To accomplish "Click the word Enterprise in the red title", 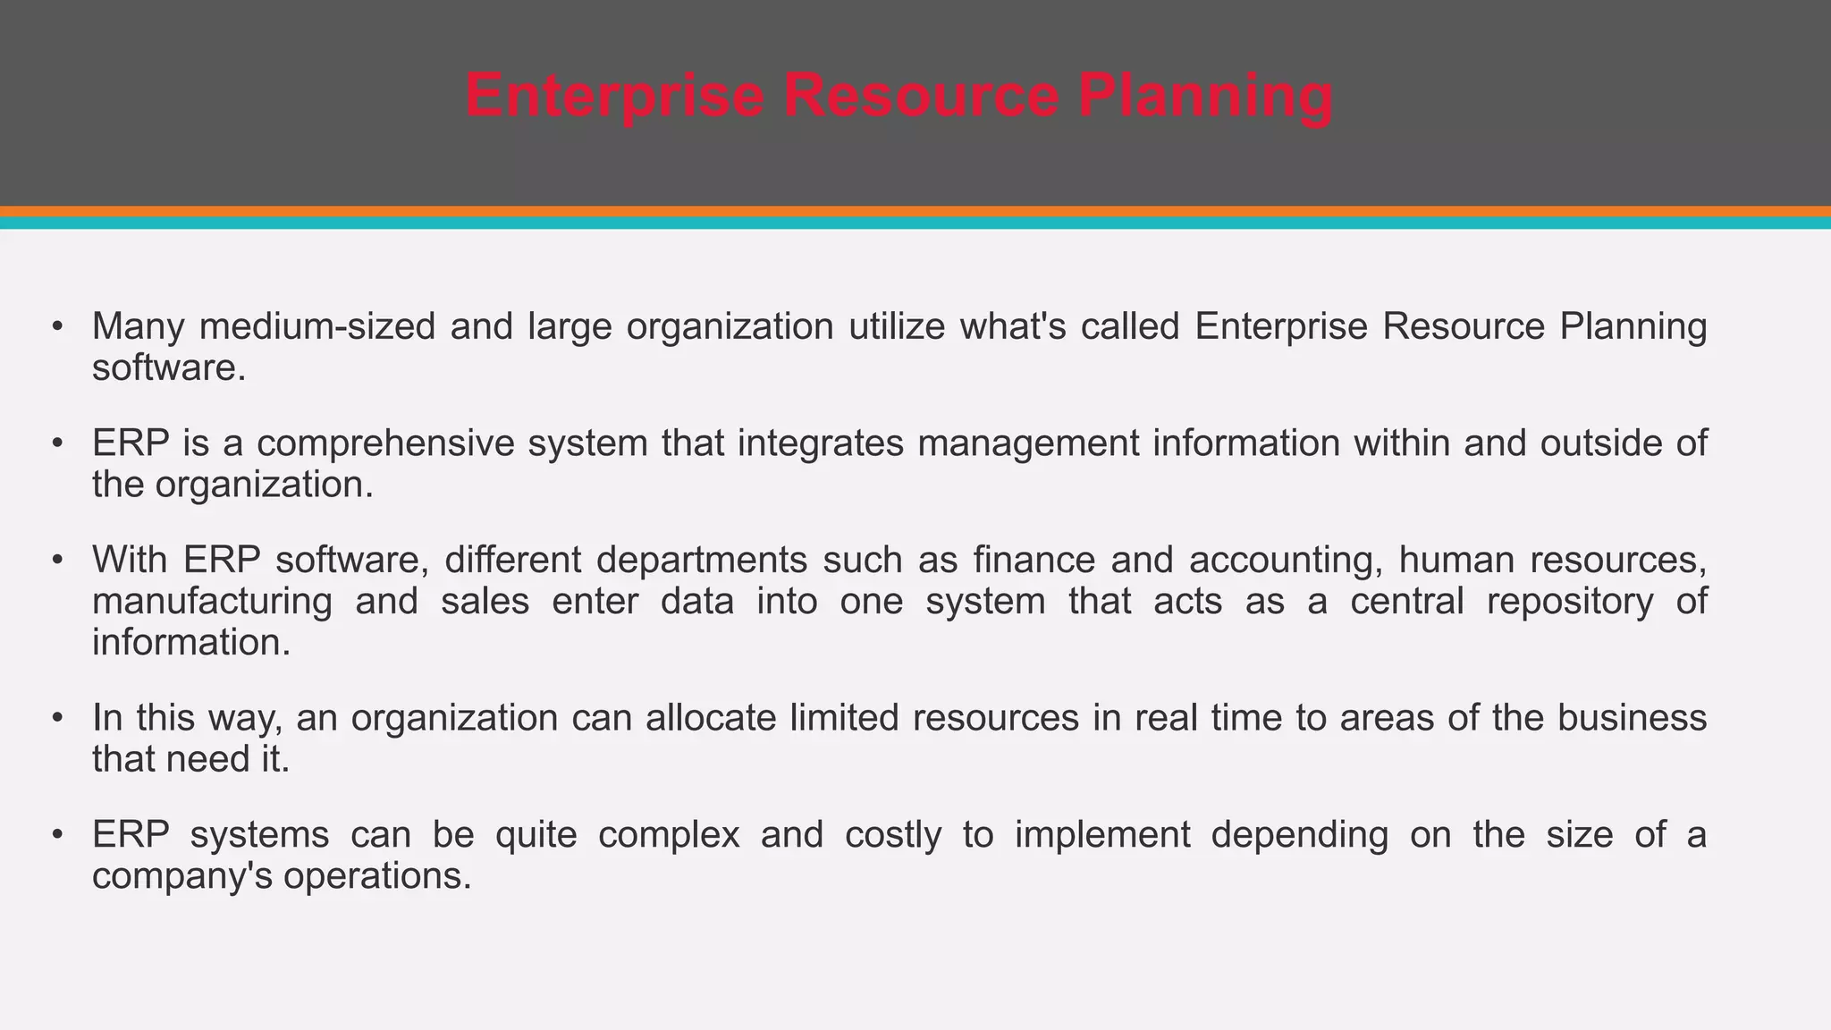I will point(614,96).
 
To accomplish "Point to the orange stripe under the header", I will point(915,212).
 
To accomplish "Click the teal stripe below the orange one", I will point(915,224).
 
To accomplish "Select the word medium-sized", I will point(317,327).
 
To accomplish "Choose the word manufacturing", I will point(212,602).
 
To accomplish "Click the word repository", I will point(1570,602).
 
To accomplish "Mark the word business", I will point(1632,718).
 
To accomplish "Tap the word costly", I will point(893,835).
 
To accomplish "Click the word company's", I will point(181,876).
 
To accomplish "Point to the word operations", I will point(377,876).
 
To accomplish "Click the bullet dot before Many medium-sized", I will point(57,327).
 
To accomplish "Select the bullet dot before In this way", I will point(57,718).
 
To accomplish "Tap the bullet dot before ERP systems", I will point(57,835).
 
